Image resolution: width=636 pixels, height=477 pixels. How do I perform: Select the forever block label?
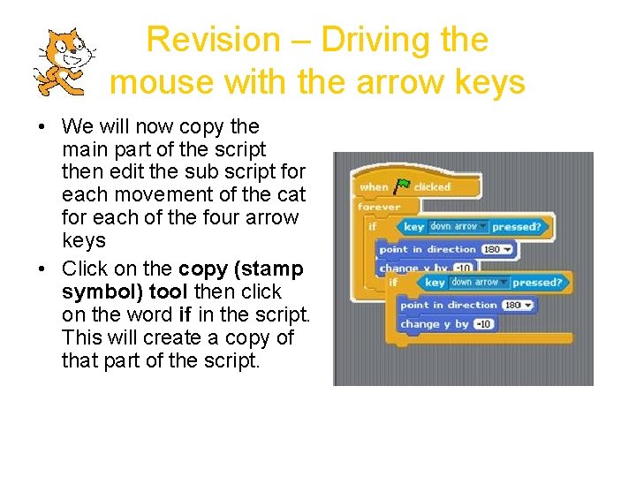(x=379, y=207)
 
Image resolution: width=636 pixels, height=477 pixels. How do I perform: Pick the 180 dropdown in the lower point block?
(x=518, y=306)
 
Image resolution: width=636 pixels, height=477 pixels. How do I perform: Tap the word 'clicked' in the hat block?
(x=432, y=187)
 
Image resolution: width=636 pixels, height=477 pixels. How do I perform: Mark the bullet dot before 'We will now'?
(x=42, y=126)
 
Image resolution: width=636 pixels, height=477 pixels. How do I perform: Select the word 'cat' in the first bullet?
(x=290, y=194)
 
